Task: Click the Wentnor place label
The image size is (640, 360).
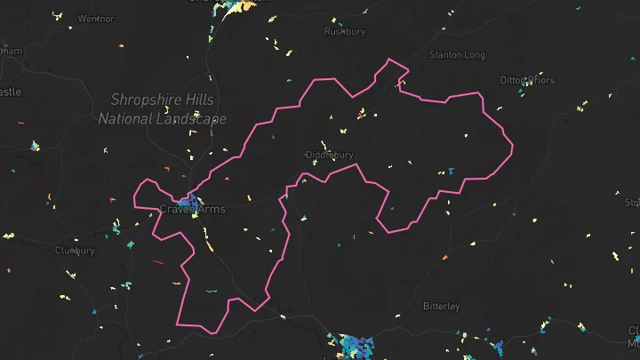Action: (96, 18)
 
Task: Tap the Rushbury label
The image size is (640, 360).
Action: (345, 31)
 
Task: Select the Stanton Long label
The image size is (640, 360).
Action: (457, 55)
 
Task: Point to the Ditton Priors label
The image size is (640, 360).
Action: (527, 80)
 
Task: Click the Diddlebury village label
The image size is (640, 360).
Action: (330, 155)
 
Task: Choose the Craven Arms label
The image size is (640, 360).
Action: (192, 210)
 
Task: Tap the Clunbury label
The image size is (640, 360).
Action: (75, 251)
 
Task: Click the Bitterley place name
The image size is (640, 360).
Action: (442, 307)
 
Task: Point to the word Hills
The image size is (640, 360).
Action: (204, 100)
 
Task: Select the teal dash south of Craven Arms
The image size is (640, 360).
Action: (212, 291)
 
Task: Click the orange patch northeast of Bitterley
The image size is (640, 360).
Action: (445, 258)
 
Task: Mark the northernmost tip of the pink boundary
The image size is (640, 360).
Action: (388, 60)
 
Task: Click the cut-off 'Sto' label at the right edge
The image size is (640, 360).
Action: (632, 203)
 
